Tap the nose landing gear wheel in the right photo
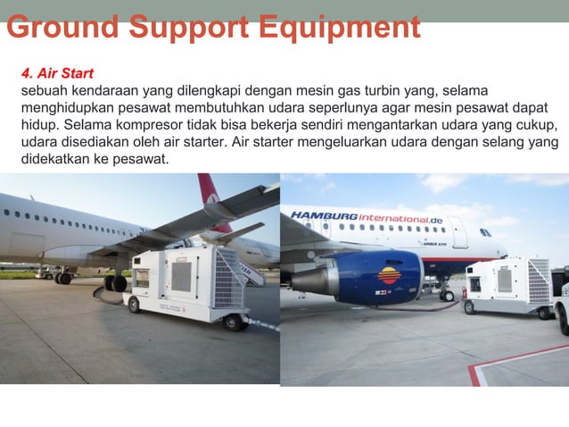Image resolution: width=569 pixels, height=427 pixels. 447,295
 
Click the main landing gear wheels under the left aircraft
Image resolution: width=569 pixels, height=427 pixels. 115,283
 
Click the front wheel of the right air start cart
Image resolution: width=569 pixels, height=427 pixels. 470,306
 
